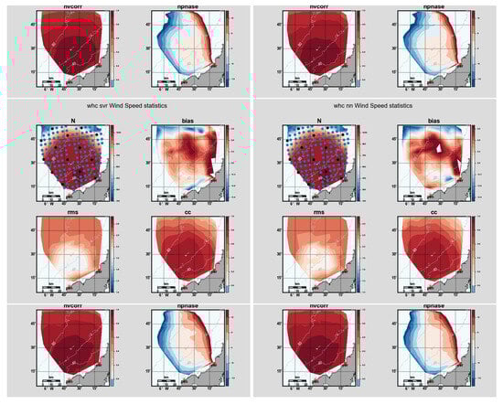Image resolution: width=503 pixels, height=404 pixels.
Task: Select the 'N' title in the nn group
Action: click(318, 119)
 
